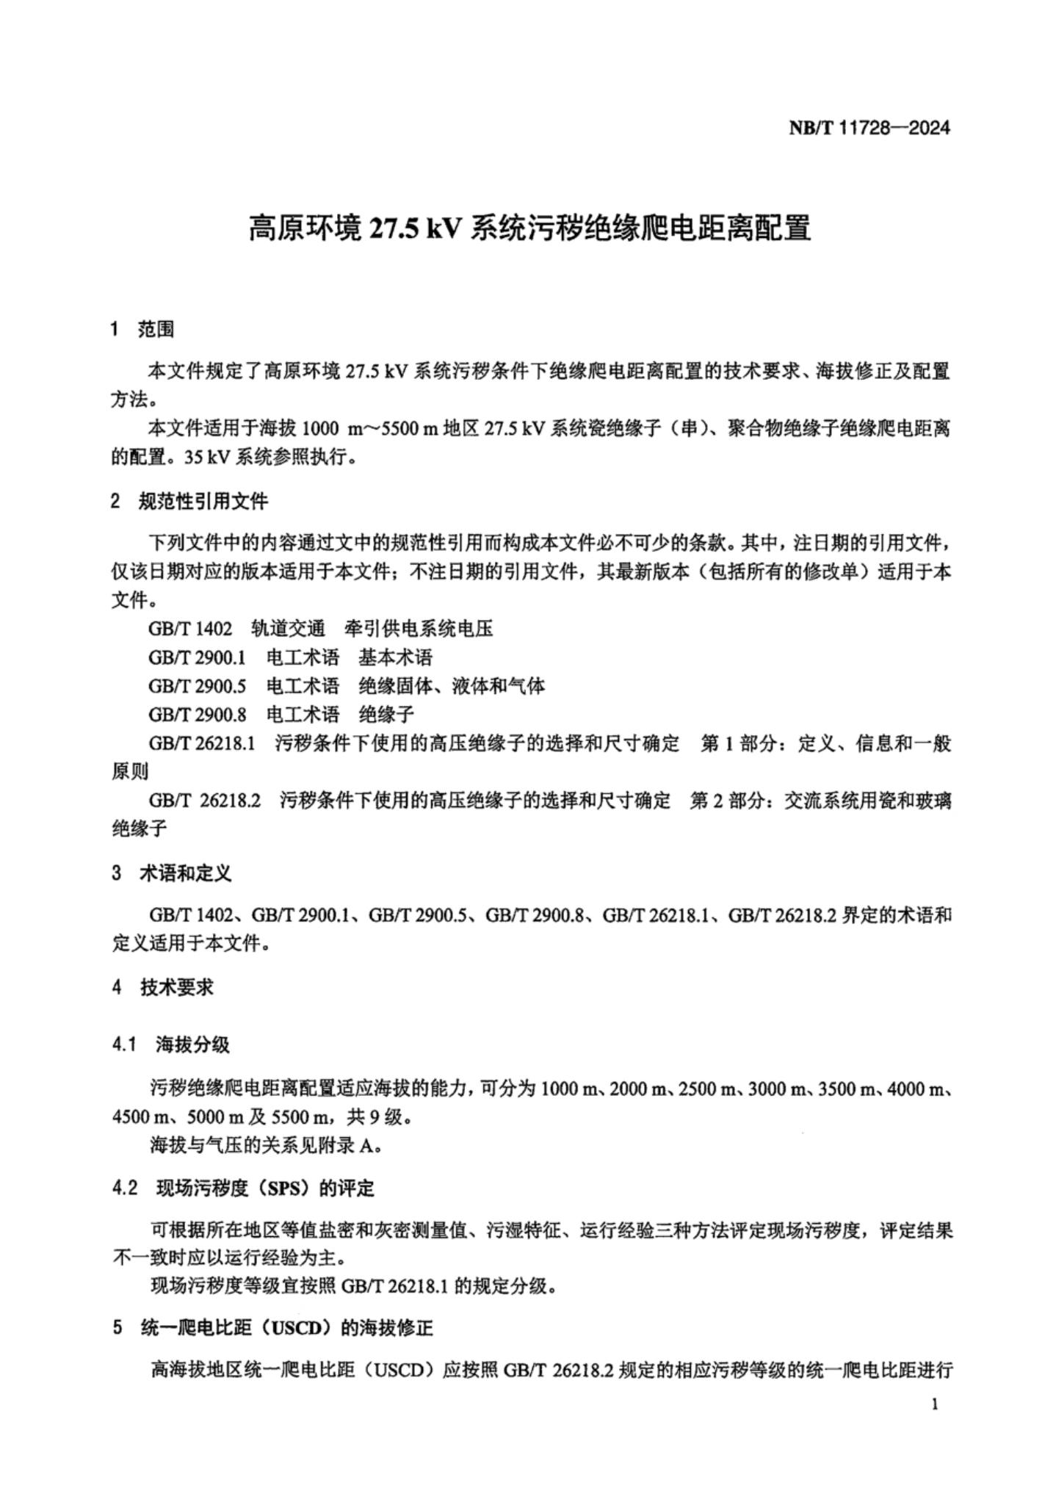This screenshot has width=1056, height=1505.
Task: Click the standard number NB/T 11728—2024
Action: tap(869, 128)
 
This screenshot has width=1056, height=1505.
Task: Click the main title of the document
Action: tap(529, 228)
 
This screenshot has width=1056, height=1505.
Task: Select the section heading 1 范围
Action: tap(142, 330)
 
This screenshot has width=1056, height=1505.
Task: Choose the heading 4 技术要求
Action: tap(162, 987)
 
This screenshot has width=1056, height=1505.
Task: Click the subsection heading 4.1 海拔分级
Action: tap(171, 1044)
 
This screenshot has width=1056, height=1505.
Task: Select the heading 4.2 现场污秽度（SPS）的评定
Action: tap(243, 1188)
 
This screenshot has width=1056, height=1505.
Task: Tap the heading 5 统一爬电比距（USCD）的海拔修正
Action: tap(272, 1328)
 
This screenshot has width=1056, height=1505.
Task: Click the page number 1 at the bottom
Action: tap(934, 1405)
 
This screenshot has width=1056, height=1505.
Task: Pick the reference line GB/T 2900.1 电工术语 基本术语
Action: tap(290, 657)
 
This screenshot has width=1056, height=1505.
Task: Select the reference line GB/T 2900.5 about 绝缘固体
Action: tap(346, 686)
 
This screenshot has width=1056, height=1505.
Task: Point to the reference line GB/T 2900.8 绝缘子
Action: tap(281, 714)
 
